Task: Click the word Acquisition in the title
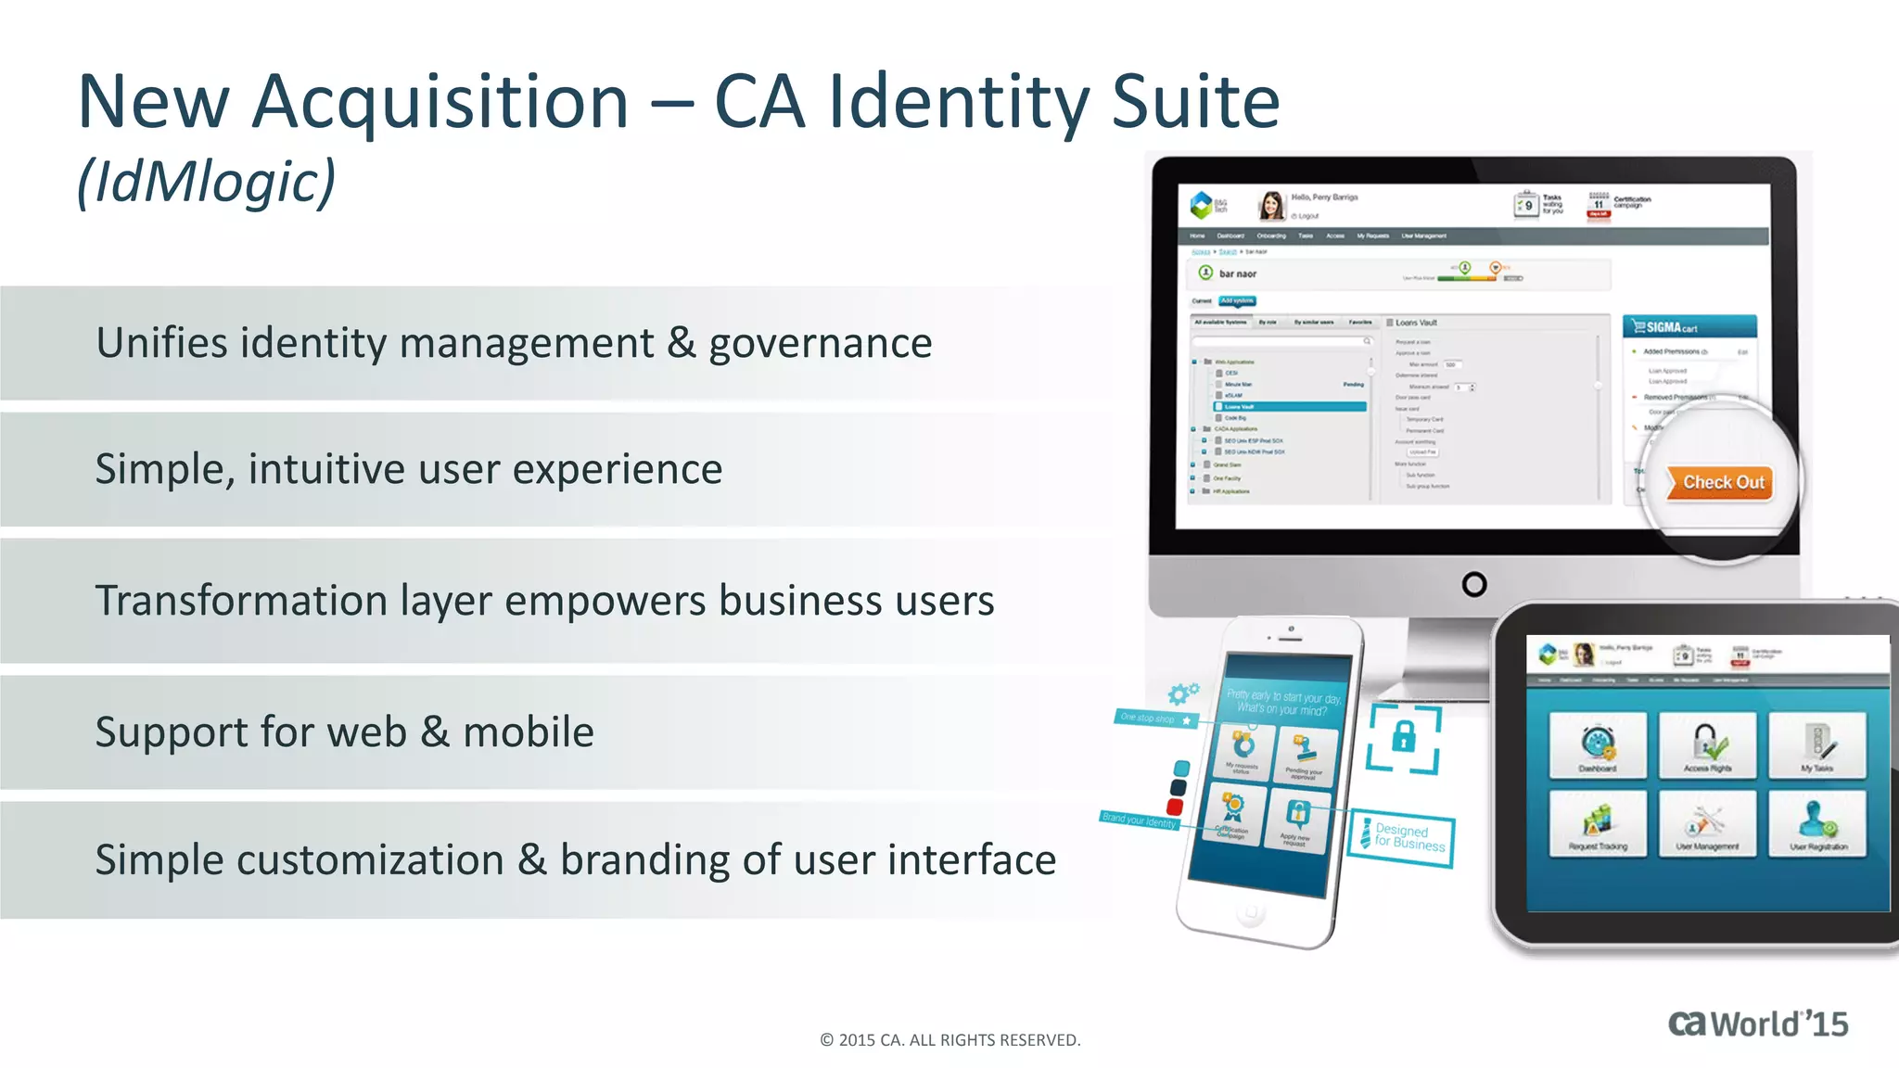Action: coord(440,102)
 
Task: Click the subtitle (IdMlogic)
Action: coord(206,182)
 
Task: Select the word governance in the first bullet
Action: coord(820,343)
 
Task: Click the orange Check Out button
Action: coord(1721,483)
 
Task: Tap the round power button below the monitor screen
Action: coord(1473,584)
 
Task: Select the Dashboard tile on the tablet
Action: coord(1597,745)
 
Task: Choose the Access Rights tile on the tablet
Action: coord(1707,745)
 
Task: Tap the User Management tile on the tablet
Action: coord(1707,824)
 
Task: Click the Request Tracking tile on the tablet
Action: coord(1597,824)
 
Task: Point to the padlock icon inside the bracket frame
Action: coord(1404,738)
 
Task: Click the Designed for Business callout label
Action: coord(1402,837)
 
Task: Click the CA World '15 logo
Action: coord(1757,1024)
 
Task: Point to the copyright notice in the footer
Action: coord(949,1040)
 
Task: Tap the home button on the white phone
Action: coord(1250,913)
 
